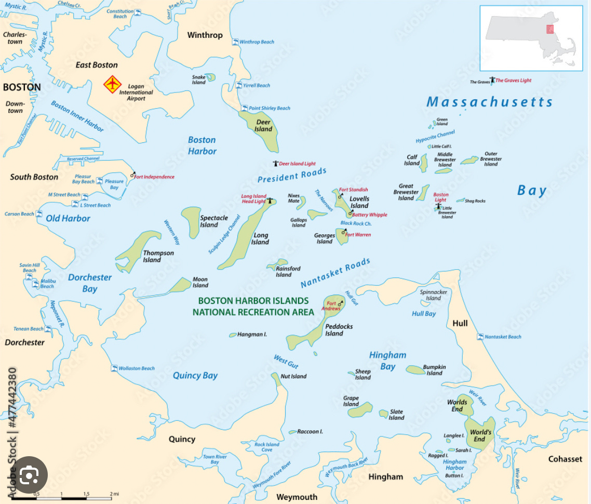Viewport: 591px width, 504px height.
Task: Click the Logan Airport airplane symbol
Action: [x=112, y=84]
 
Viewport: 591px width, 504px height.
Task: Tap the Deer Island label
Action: [x=263, y=126]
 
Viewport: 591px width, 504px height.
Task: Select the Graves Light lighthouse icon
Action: [x=492, y=81]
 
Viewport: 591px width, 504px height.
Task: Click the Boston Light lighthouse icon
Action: [x=439, y=206]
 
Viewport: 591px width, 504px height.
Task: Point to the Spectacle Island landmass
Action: [x=191, y=222]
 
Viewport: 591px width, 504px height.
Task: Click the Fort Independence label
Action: [x=155, y=177]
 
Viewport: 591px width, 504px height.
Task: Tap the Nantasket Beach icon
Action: [x=480, y=337]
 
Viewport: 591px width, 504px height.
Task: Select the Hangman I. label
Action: [x=252, y=335]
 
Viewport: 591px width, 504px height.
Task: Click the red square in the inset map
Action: [x=549, y=29]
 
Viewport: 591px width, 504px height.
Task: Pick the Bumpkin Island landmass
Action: [x=415, y=370]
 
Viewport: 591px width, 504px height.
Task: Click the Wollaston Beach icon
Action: [x=114, y=368]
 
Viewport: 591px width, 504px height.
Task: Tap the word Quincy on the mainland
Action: [x=182, y=439]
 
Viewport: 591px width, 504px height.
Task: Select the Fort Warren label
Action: [x=358, y=235]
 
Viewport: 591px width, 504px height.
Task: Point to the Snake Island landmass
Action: [x=210, y=78]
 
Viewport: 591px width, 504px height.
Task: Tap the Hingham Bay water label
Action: [x=387, y=361]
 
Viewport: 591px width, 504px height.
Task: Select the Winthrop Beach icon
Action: [x=235, y=42]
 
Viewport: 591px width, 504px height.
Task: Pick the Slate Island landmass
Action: [x=384, y=414]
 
